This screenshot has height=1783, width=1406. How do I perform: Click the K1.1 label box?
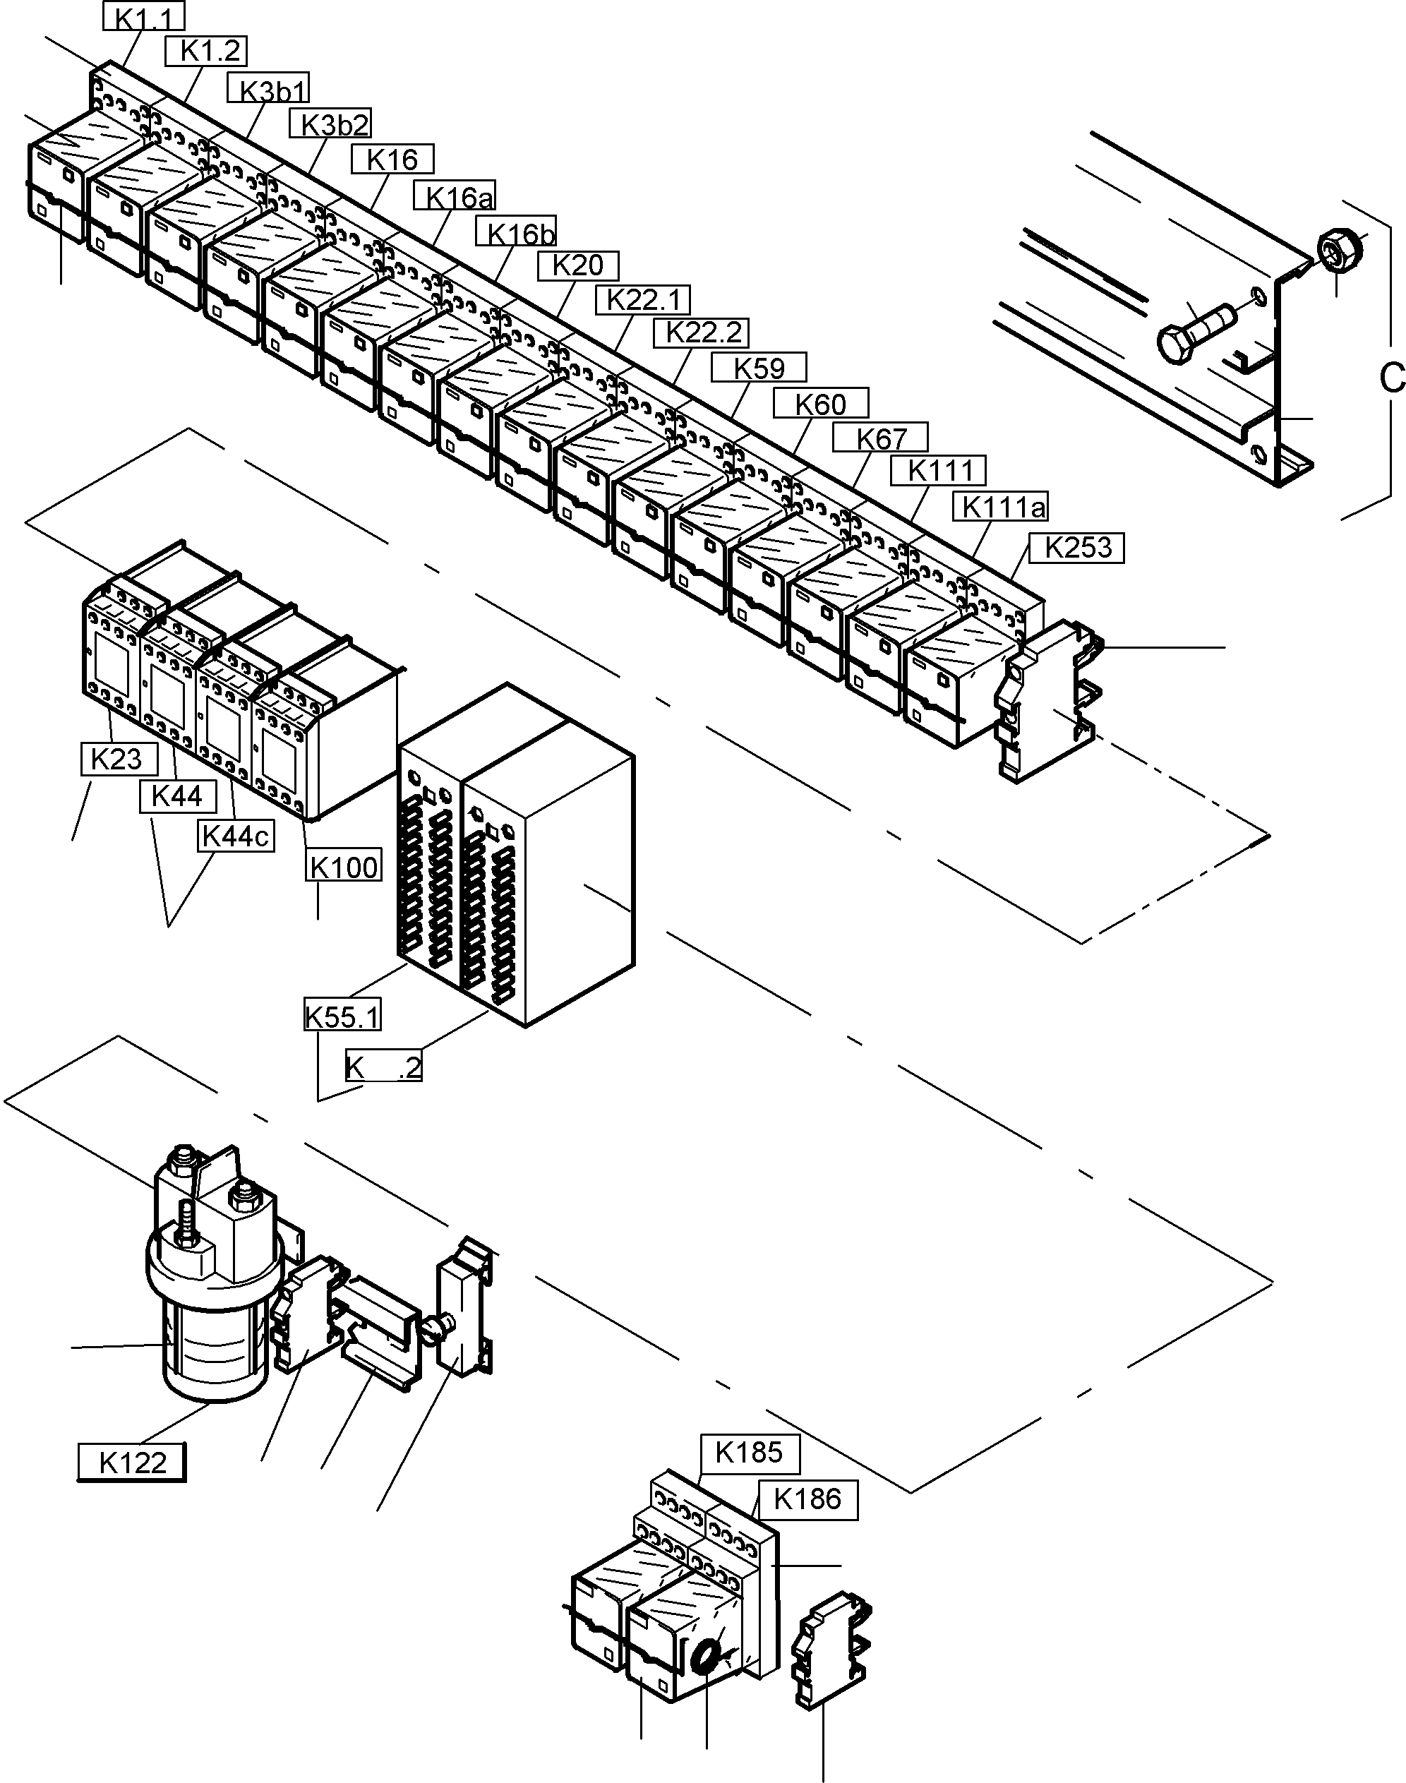(143, 16)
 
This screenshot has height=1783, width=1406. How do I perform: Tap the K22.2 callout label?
(702, 332)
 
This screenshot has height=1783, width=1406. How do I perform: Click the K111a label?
(1001, 507)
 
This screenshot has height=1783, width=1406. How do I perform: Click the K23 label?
(119, 759)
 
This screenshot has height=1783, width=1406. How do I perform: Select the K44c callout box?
(236, 836)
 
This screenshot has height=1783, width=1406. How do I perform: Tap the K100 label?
(344, 867)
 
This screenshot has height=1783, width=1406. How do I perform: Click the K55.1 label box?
(342, 1016)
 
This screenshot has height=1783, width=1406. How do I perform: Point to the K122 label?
(132, 1463)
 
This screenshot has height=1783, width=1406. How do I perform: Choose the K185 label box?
(749, 1453)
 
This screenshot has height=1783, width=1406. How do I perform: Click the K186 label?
(807, 1500)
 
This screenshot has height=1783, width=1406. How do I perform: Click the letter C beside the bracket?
(1390, 378)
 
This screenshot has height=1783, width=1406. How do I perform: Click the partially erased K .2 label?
(383, 1067)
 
